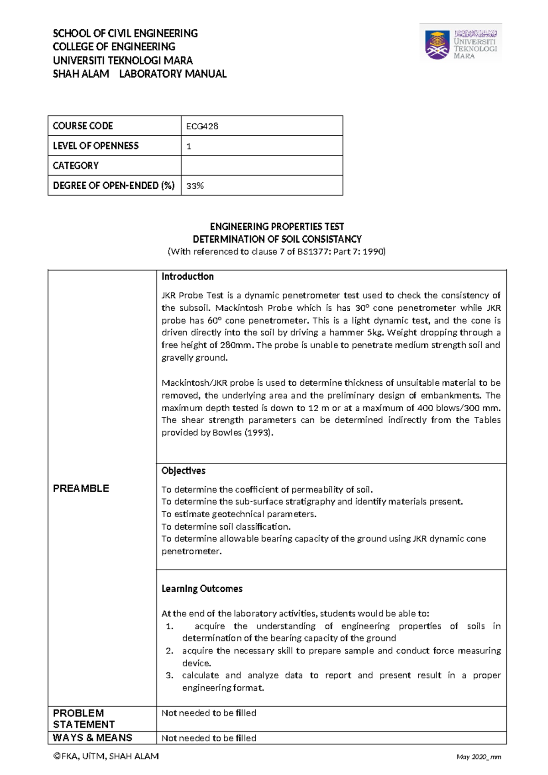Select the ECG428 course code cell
202,126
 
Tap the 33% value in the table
195,186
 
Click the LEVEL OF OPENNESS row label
96,146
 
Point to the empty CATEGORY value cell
262,165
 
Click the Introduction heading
188,276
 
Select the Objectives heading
184,471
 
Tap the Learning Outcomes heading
202,589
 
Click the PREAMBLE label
81,488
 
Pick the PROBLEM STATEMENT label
84,718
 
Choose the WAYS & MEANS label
92,738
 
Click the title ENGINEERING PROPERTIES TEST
277,227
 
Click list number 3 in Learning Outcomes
169,675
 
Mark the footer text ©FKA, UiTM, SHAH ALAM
106,756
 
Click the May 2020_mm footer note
478,757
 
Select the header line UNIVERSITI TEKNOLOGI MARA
123,60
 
